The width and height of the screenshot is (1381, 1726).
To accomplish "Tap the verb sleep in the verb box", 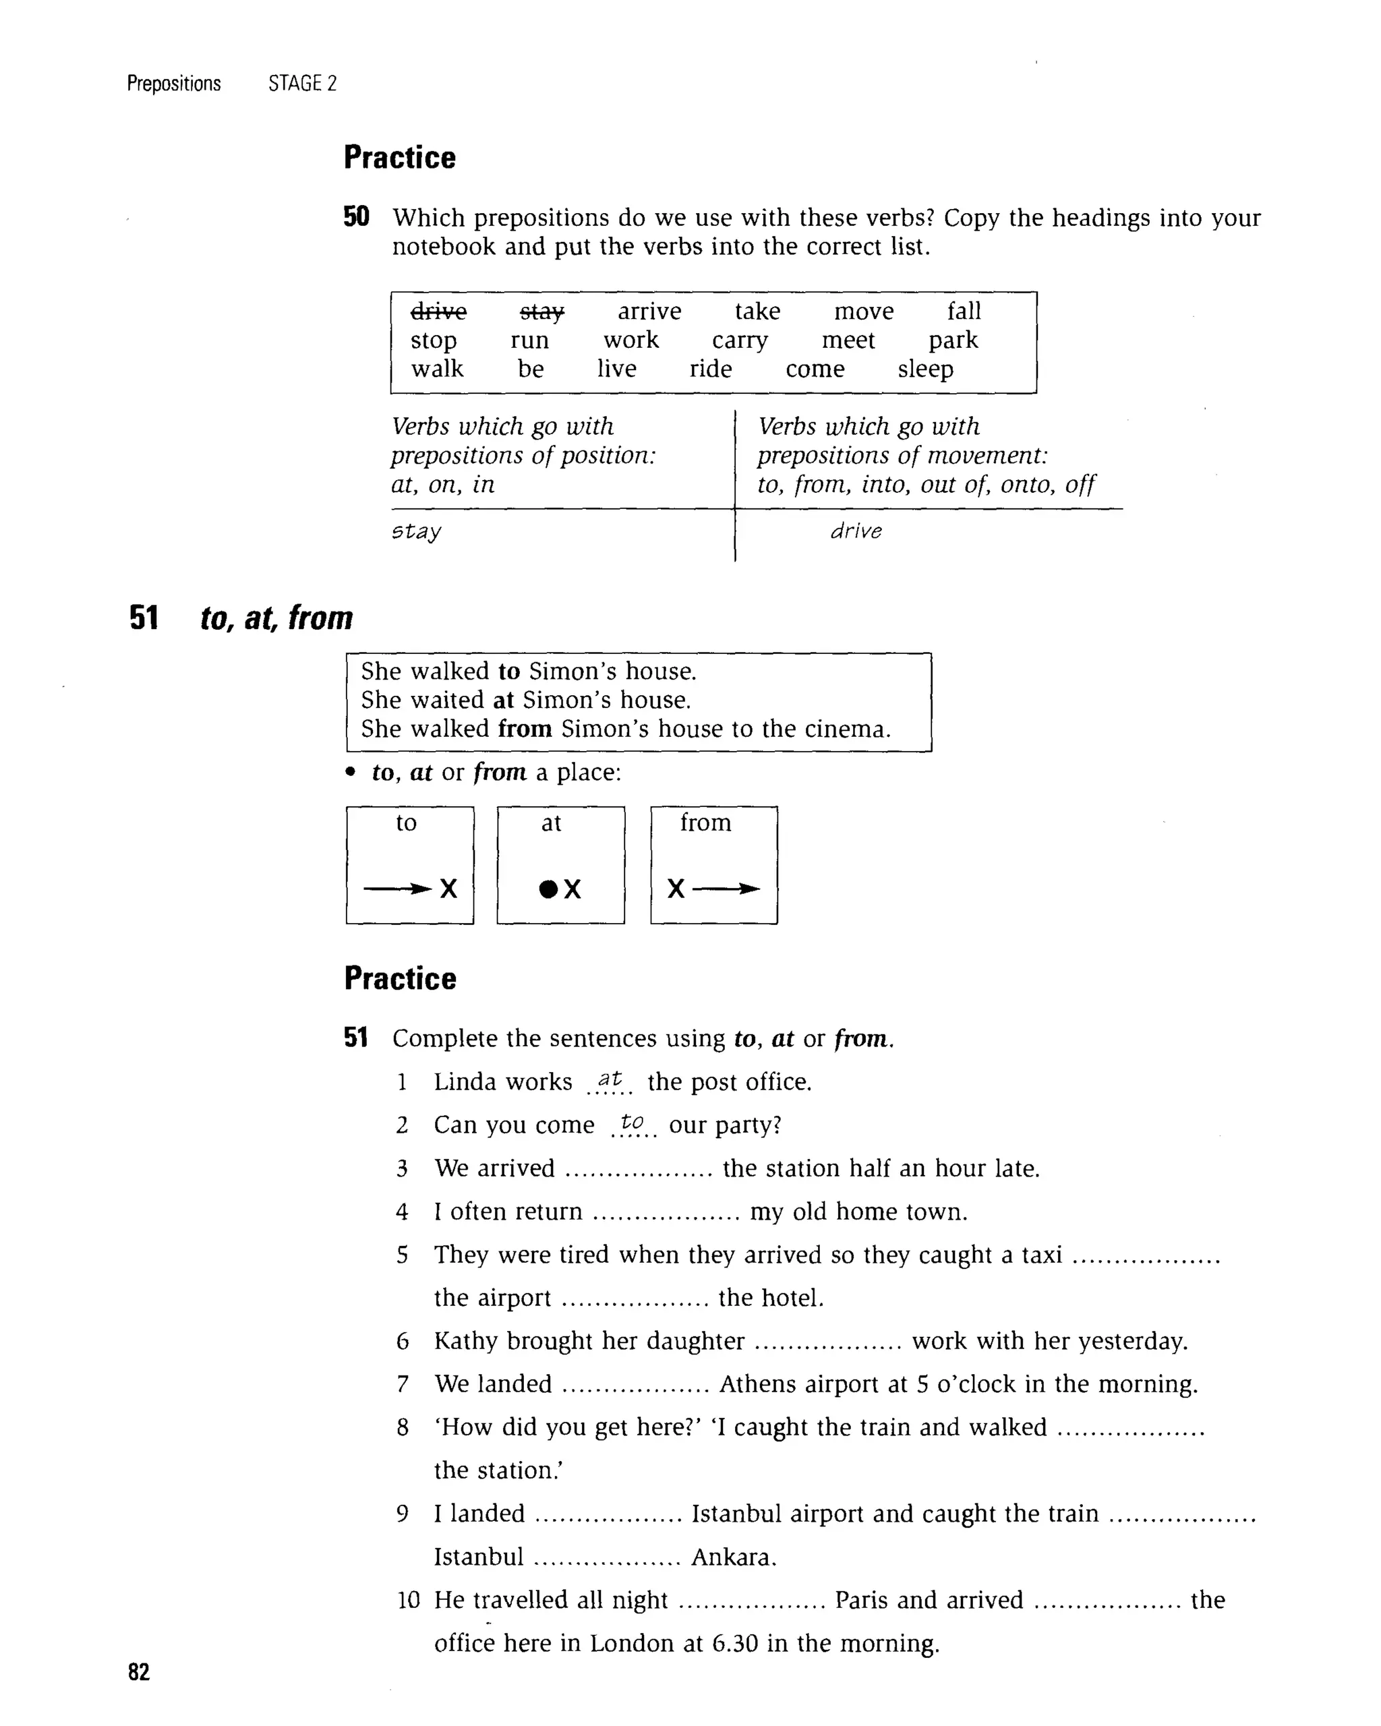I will [924, 370].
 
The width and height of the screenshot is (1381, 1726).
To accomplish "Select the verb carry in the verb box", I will [739, 341].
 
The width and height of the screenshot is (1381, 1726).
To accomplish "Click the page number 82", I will [138, 1671].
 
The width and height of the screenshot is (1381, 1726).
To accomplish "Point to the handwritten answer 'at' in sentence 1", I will [610, 1079].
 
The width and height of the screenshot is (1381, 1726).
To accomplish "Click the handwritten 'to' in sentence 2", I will [632, 1123].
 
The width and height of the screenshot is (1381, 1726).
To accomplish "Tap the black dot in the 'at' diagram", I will [548, 889].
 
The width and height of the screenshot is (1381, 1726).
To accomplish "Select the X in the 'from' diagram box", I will [676, 889].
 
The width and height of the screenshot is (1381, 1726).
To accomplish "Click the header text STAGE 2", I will [302, 83].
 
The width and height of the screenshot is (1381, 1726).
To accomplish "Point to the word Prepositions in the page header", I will [174, 83].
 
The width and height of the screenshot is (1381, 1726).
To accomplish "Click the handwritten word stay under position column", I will [415, 531].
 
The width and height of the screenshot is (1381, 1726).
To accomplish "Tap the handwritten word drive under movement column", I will [856, 531].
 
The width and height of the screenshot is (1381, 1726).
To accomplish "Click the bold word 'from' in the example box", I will [525, 730].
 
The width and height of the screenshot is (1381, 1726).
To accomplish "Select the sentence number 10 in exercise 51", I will [408, 1601].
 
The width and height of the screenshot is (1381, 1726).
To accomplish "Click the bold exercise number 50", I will [356, 217].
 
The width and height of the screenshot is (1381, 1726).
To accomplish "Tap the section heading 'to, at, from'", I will [276, 618].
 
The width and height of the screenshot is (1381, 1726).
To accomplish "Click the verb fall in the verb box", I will [963, 311].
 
